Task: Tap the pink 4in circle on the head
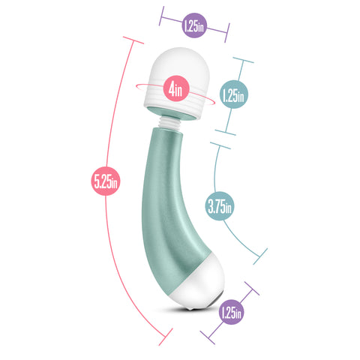[177, 89]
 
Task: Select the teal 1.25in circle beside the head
[234, 95]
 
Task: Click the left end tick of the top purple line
[162, 14]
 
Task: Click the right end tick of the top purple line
[227, 34]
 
